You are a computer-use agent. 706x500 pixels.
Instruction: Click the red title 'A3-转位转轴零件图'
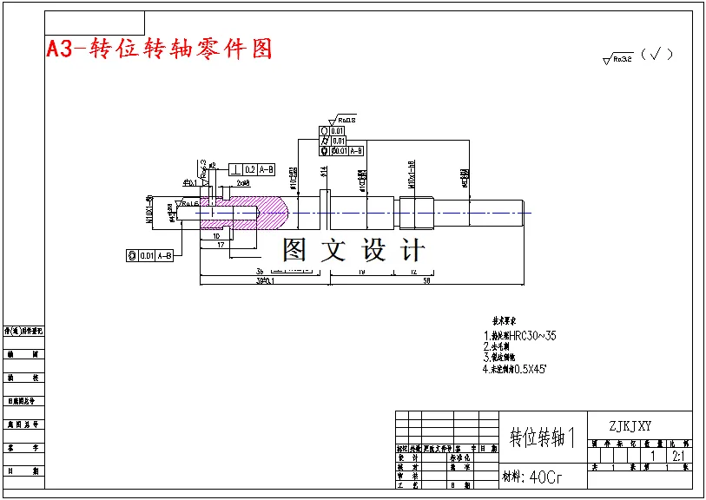point(160,49)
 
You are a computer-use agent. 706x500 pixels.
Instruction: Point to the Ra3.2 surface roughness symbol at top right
point(618,59)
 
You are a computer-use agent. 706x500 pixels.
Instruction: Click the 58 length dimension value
point(426,280)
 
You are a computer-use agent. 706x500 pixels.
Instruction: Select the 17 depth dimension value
point(222,246)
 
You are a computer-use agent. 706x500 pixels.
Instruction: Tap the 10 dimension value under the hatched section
point(215,235)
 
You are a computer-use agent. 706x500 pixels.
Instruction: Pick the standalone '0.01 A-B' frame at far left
point(150,255)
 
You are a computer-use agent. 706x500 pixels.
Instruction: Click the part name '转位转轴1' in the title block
point(543,437)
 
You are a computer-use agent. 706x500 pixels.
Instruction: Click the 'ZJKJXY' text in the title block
point(630,425)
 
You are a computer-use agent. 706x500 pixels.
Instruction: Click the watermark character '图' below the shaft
point(294,250)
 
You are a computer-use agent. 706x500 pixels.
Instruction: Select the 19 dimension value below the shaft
point(361,273)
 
